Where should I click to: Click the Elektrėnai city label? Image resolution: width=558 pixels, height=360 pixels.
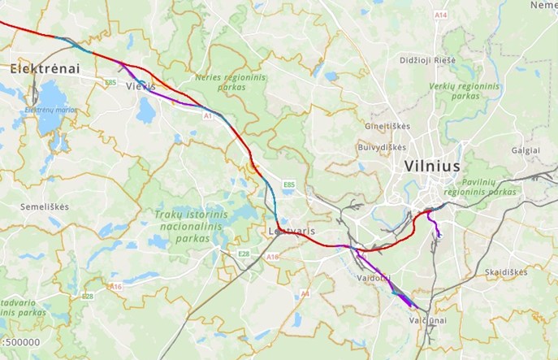(x=45, y=69)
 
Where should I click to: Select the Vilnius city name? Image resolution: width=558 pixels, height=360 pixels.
(x=433, y=165)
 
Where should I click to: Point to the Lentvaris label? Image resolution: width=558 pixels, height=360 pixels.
(x=292, y=232)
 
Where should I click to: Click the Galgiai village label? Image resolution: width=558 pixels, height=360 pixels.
(x=526, y=150)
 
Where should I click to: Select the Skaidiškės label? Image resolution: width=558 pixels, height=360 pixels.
(x=505, y=271)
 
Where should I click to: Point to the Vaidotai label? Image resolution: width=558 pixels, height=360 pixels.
(x=374, y=278)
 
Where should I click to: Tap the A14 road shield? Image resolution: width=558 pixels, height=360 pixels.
(x=440, y=15)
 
